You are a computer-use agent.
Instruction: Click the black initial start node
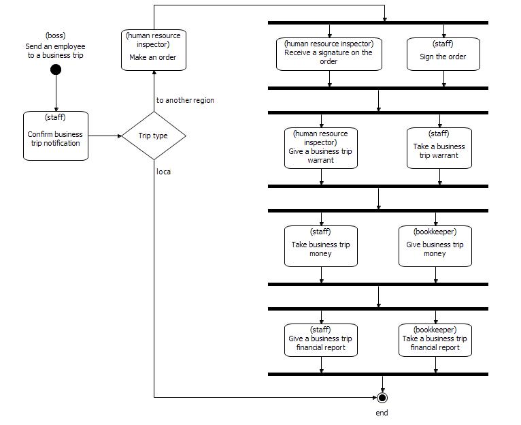point(56,69)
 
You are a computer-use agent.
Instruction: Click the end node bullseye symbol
point(382,397)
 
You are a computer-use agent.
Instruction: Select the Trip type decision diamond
point(153,136)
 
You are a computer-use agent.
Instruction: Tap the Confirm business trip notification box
point(56,136)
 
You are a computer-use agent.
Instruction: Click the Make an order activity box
point(153,50)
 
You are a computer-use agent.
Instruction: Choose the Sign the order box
point(443,53)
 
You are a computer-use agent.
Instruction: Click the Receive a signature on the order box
point(329,53)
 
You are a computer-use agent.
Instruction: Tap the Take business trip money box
point(321,245)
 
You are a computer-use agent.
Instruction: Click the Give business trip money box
point(435,245)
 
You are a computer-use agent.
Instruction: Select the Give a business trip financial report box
point(321,339)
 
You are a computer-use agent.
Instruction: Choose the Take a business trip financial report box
point(435,339)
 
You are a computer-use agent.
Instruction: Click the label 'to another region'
point(185,100)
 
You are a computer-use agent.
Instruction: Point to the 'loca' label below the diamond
point(163,172)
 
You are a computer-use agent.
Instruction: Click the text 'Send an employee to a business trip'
point(56,46)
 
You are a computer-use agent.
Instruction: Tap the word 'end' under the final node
point(382,413)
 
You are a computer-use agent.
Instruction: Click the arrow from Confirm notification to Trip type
point(105,136)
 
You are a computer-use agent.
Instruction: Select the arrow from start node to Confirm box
point(56,93)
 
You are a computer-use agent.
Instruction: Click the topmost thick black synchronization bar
point(378,23)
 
